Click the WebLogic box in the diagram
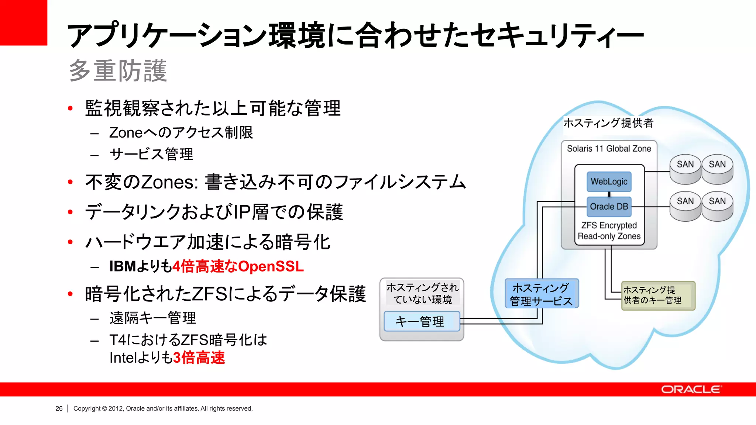point(609,182)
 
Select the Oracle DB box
point(609,207)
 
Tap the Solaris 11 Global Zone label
point(609,149)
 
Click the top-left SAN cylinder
point(685,169)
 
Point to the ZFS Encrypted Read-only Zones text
point(609,231)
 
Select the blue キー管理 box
point(422,321)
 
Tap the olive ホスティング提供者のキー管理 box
point(658,296)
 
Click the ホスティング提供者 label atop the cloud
point(608,123)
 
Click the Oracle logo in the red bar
point(691,390)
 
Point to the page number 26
point(59,408)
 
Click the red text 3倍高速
point(199,357)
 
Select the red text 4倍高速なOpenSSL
point(238,266)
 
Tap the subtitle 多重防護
point(118,70)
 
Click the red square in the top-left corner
point(23,23)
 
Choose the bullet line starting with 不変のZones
point(275,182)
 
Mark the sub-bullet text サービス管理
point(151,154)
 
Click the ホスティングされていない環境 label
point(422,293)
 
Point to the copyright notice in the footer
point(163,408)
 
